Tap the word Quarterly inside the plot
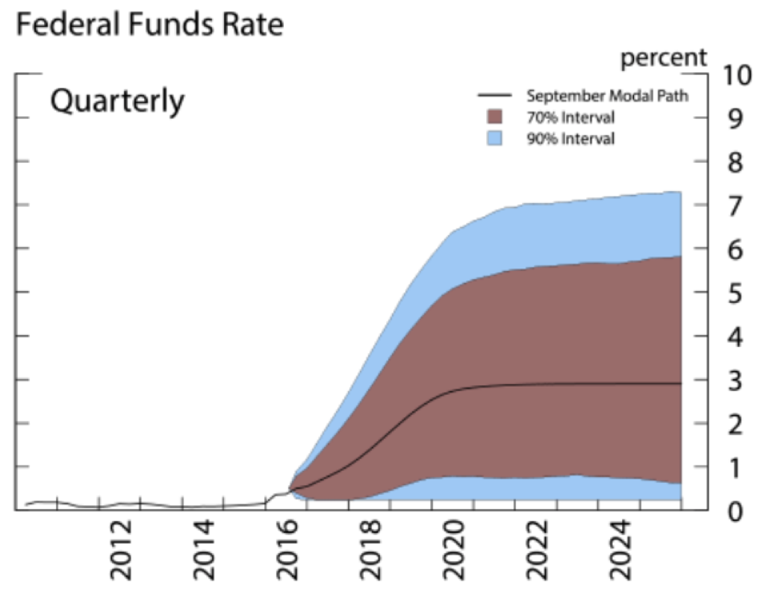[116, 101]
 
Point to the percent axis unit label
[663, 57]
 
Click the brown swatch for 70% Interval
[494, 117]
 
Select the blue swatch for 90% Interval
[494, 138]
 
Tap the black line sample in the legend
[494, 96]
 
